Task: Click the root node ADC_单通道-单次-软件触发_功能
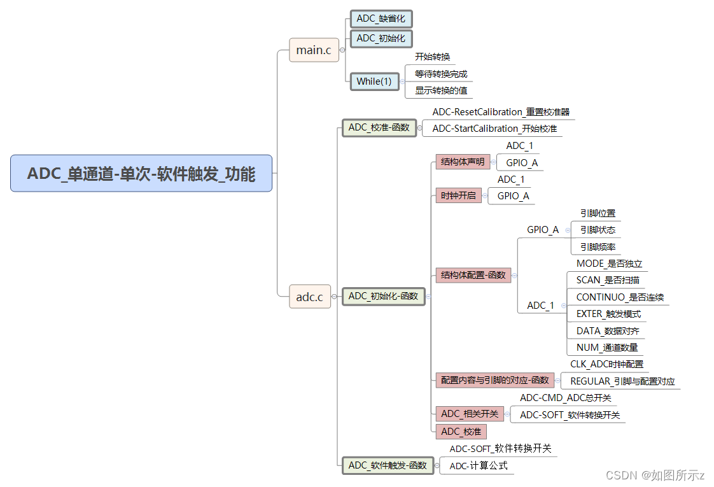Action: [x=141, y=173]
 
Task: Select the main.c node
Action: [x=314, y=50]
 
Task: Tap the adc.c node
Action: [x=310, y=296]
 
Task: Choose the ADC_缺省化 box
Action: [x=381, y=18]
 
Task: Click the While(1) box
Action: [x=374, y=81]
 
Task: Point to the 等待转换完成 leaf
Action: [x=441, y=74]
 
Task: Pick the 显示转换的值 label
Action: [x=441, y=90]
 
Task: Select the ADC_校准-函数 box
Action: [x=379, y=127]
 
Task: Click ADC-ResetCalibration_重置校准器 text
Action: [x=501, y=112]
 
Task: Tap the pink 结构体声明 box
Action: [x=463, y=162]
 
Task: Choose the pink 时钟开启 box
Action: [x=458, y=195]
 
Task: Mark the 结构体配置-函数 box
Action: [x=473, y=275]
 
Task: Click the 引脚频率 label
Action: [x=597, y=246]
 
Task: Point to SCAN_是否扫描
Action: [x=608, y=280]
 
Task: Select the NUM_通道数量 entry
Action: [x=606, y=348]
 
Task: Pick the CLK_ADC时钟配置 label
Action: [x=606, y=364]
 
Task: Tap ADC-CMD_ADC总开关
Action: [x=565, y=398]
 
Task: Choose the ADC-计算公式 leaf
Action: [x=479, y=465]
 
